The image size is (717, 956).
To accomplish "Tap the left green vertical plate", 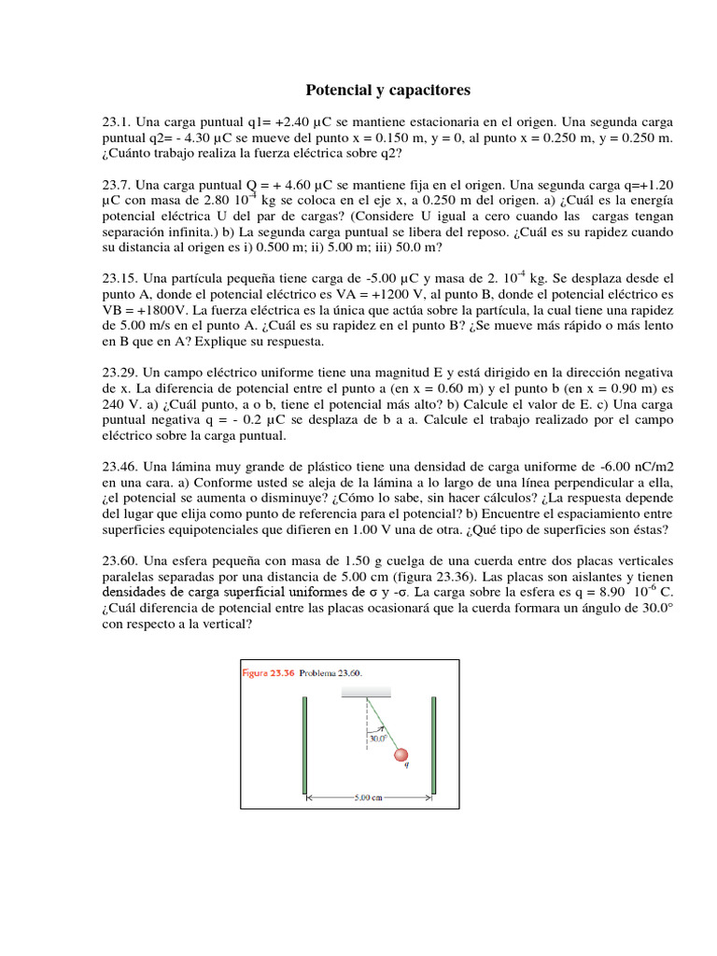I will pos(305,744).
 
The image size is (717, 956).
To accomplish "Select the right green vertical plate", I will pos(433,744).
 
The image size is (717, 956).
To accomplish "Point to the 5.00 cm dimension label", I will pos(369,798).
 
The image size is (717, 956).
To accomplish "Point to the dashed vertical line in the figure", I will pos(366,738).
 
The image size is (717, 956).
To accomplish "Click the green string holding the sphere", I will pos(381,722).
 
